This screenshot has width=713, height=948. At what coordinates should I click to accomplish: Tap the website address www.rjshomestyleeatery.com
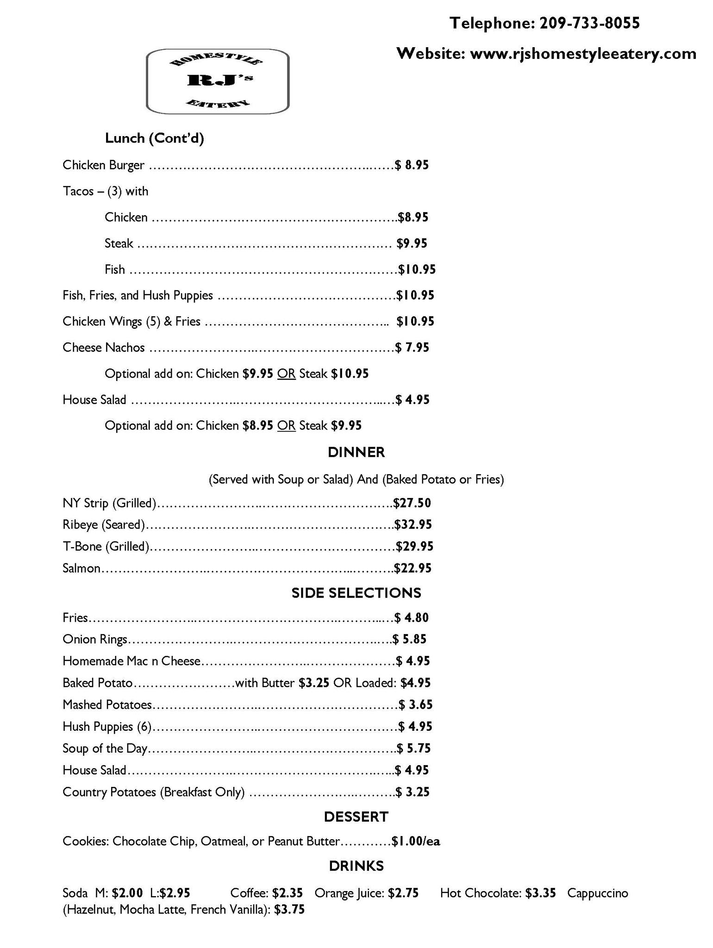coord(583,54)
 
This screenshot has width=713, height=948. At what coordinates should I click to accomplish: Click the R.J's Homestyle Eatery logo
coord(218,81)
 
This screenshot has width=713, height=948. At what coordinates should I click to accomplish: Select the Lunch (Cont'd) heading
coord(155,138)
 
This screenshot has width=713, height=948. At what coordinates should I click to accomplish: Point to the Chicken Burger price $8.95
coord(412,165)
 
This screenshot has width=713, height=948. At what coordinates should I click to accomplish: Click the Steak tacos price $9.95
coord(412,243)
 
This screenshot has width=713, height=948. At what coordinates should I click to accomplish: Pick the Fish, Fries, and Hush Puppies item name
coord(138,295)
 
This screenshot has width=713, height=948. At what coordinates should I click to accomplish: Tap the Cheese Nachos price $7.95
coord(412,348)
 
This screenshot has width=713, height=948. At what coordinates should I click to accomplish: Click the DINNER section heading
coord(356,452)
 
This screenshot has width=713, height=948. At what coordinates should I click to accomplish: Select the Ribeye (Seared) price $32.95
coord(413,524)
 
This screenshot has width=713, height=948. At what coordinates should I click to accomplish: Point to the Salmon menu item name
coord(81,568)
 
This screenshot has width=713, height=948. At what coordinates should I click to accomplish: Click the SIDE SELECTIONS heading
coord(356,593)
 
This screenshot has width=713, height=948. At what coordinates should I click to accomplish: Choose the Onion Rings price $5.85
coord(410,639)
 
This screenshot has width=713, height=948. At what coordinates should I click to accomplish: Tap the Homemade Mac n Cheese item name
coord(131,661)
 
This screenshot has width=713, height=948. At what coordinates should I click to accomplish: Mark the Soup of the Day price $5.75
coord(414,748)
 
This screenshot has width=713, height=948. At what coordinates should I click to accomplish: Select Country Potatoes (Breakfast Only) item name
coord(153,792)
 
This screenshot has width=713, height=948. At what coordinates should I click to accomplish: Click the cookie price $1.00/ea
coord(416,841)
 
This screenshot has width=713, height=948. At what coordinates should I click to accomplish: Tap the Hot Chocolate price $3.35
coord(540,893)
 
